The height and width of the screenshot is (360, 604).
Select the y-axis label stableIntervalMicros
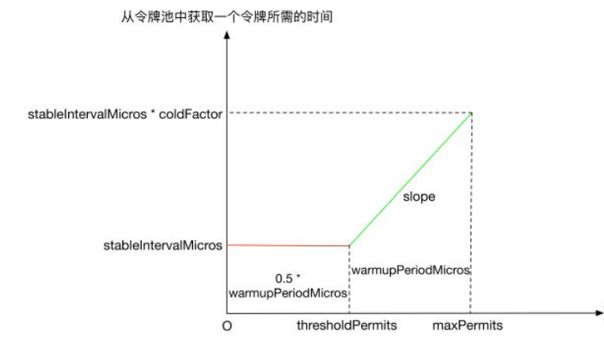163,244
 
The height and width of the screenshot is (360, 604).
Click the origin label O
226,326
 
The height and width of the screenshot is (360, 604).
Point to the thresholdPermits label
346,326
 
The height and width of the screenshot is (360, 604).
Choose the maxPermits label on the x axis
468,326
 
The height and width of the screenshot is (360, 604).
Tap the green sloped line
410,179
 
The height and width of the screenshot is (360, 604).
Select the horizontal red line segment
287,245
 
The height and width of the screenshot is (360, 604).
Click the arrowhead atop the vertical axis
226,39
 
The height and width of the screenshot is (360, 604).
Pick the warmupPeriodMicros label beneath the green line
410,269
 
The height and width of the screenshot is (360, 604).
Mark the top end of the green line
470,113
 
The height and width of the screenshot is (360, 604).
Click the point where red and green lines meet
349,245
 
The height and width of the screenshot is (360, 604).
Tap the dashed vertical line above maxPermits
470,213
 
